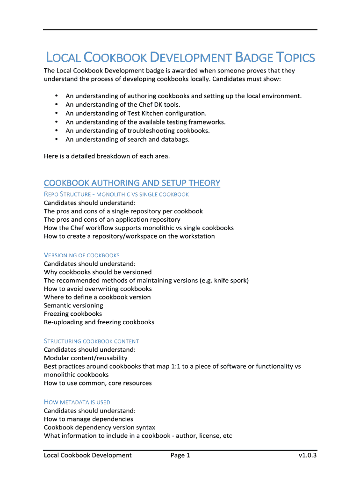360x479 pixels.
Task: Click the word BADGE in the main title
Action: click(254, 58)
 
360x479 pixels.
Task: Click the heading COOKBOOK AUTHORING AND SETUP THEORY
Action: click(132, 183)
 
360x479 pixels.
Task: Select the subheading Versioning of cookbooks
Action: click(82, 255)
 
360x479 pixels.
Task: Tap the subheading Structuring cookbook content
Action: click(91, 341)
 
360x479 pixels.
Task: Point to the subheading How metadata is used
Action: click(77, 402)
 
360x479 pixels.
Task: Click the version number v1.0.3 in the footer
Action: click(308, 455)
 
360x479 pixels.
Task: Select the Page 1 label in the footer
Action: click(180, 455)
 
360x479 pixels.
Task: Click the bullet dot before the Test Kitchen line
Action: click(57, 113)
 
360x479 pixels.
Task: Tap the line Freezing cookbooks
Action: click(73, 314)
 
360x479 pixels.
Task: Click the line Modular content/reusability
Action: click(86, 358)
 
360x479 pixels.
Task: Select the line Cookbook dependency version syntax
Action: click(100, 427)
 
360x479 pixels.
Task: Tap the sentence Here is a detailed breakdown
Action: click(107, 156)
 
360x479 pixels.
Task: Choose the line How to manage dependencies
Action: click(88, 419)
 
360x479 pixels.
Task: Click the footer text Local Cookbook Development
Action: click(88, 455)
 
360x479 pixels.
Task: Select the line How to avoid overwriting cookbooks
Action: click(98, 289)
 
